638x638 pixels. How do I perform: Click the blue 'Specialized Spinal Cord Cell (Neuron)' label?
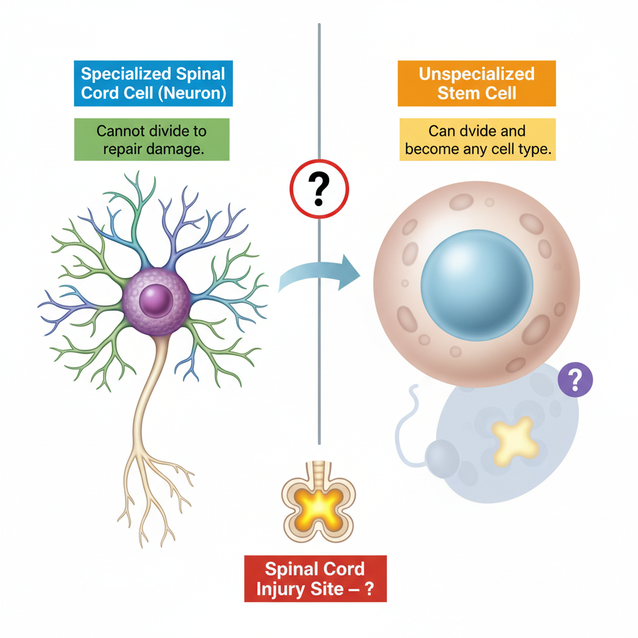pos(153,83)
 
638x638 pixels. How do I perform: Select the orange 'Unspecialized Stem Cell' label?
pos(477,83)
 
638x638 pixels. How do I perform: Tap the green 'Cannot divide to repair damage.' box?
pos(152,140)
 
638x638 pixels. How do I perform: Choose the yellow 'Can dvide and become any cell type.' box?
pos(478,140)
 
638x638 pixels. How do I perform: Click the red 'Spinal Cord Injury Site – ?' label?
pos(315,579)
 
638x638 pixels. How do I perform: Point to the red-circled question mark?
pos(319,189)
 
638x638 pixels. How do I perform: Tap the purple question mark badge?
pos(575,379)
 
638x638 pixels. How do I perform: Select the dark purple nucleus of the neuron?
pos(156,301)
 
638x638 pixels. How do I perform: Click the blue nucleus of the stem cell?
pos(477,285)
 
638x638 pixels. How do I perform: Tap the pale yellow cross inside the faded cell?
pos(515,441)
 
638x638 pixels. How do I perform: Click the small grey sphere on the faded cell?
pos(442,459)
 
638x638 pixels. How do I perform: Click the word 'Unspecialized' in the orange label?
pos(477,74)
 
